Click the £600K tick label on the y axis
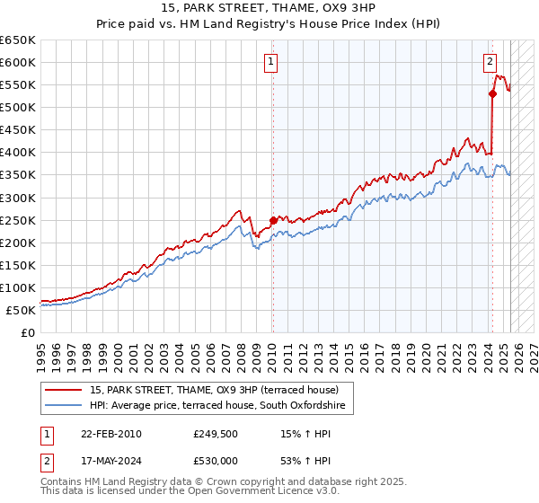[18, 63]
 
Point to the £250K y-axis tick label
[18, 220]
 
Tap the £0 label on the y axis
[28, 332]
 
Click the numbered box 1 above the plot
[271, 62]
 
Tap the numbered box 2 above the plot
[490, 62]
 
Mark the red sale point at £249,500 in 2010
[273, 219]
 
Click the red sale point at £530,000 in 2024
[492, 93]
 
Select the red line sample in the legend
[64, 391]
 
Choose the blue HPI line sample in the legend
[64, 407]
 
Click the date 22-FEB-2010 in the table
[110, 433]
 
